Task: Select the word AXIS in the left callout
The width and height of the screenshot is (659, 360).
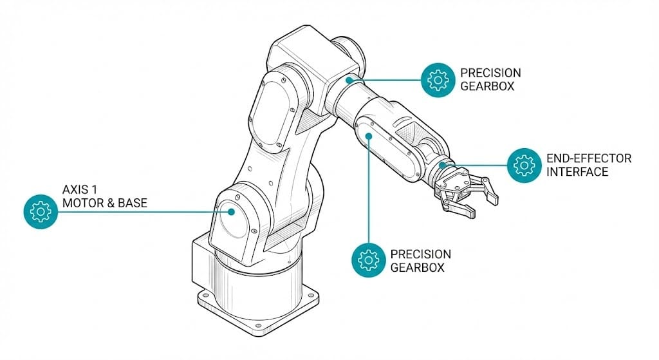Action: point(75,190)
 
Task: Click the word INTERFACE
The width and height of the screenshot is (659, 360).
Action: point(577,171)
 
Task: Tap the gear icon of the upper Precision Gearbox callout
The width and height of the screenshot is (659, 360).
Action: point(438,79)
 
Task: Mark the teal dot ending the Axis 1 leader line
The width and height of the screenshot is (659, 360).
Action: point(229,211)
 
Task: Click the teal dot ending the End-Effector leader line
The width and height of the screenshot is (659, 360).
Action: point(443,165)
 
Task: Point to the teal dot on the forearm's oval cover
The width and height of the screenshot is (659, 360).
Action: point(369,135)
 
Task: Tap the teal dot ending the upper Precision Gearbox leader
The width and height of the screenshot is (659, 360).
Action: point(349,80)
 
